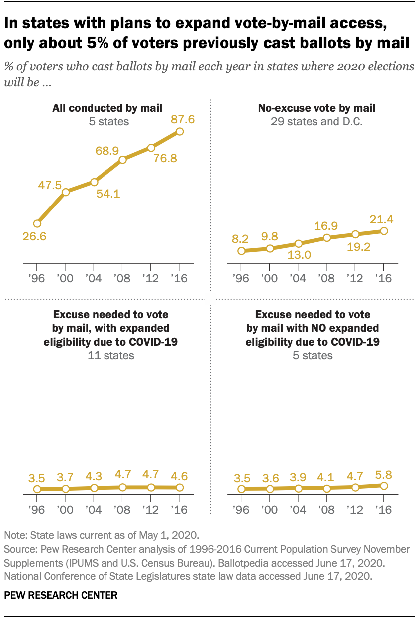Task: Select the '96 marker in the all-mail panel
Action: click(37, 223)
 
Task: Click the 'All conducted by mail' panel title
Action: click(107, 107)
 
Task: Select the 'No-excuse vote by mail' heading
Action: click(316, 107)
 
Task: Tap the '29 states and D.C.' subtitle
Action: click(316, 121)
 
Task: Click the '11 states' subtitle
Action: click(110, 356)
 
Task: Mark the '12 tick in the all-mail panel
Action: click(151, 278)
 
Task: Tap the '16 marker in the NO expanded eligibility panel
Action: click(384, 486)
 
